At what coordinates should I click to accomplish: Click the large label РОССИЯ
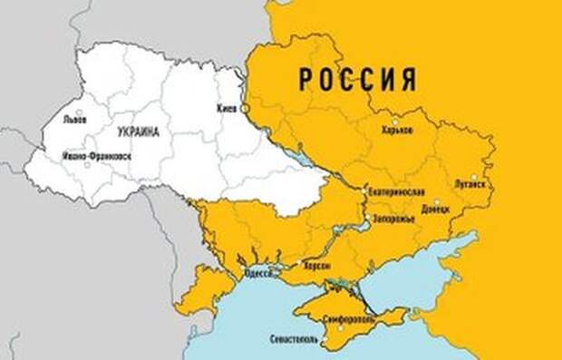click(357, 79)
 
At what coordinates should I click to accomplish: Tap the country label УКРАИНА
click(138, 132)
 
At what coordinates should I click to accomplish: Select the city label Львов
click(74, 120)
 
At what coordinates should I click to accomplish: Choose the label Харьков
click(397, 131)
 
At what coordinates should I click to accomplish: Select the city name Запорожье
click(392, 219)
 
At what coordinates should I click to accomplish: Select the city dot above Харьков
click(394, 120)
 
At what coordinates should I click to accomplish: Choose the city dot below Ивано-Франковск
click(87, 164)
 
